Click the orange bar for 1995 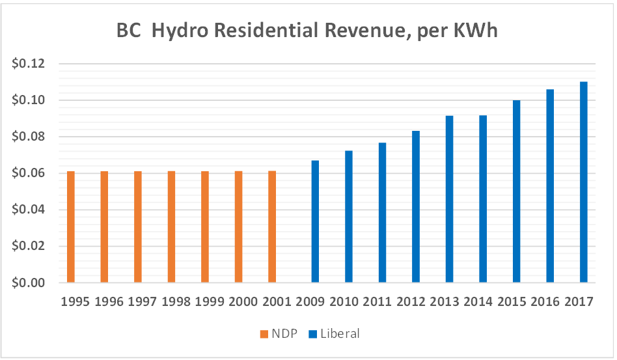[71, 227]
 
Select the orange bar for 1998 [172, 227]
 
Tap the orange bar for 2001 [272, 227]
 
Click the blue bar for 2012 [416, 206]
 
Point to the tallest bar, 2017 [583, 182]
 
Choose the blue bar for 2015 [516, 191]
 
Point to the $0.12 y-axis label [28, 64]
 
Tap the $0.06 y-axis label [28, 173]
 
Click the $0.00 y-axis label [28, 283]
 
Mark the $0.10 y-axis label [28, 100]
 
